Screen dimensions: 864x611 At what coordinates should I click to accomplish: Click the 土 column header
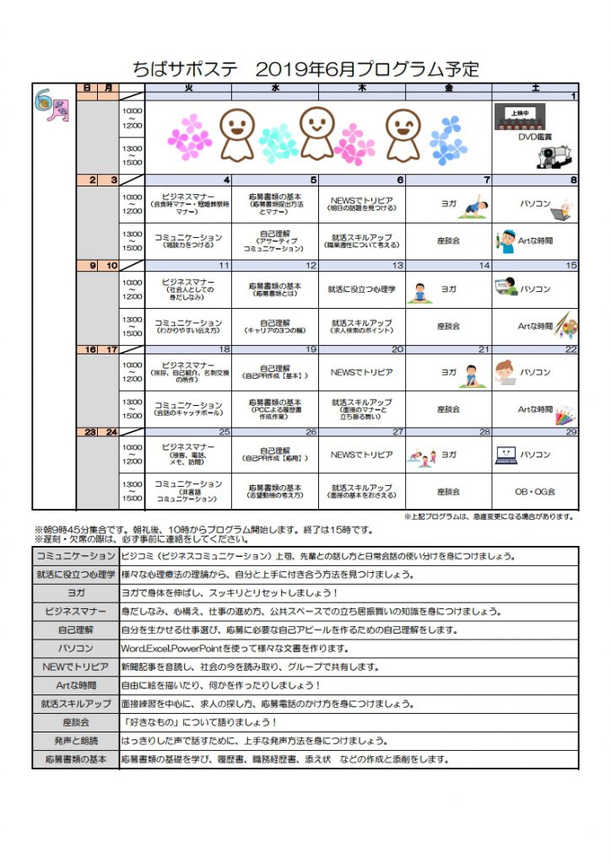point(535,87)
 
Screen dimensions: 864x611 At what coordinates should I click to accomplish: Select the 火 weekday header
point(188,87)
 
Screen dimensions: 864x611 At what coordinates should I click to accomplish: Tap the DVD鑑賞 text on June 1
point(534,136)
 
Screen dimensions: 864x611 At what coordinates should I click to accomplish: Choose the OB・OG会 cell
point(534,491)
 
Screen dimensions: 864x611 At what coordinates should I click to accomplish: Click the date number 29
point(571,432)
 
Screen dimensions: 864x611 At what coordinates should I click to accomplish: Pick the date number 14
point(484,266)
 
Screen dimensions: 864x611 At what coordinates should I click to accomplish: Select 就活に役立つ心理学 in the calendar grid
point(361,289)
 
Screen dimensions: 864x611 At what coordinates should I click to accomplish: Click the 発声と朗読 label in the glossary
point(75,741)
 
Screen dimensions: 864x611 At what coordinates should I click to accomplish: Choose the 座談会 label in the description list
point(75,722)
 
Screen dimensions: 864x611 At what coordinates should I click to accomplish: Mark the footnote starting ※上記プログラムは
point(489,516)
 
